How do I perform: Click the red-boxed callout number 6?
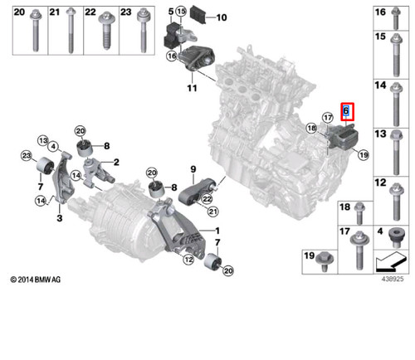pyautogui.click(x=347, y=112)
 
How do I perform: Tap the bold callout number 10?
pyautogui.click(x=221, y=17)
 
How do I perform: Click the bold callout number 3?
pyautogui.click(x=59, y=218)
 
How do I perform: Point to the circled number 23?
pyautogui.click(x=26, y=157)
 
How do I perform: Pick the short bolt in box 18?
pyautogui.click(x=359, y=212)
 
